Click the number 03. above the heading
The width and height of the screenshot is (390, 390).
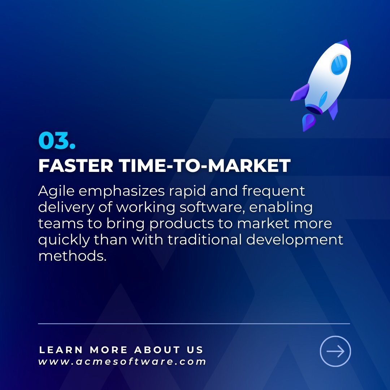[57, 141]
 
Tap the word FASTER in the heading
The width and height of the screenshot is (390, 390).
[76, 166]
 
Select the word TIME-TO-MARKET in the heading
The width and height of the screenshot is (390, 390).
[204, 166]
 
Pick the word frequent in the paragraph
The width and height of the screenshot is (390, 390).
[274, 192]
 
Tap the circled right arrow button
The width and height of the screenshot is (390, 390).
[335, 351]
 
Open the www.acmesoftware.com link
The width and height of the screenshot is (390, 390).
[122, 361]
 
